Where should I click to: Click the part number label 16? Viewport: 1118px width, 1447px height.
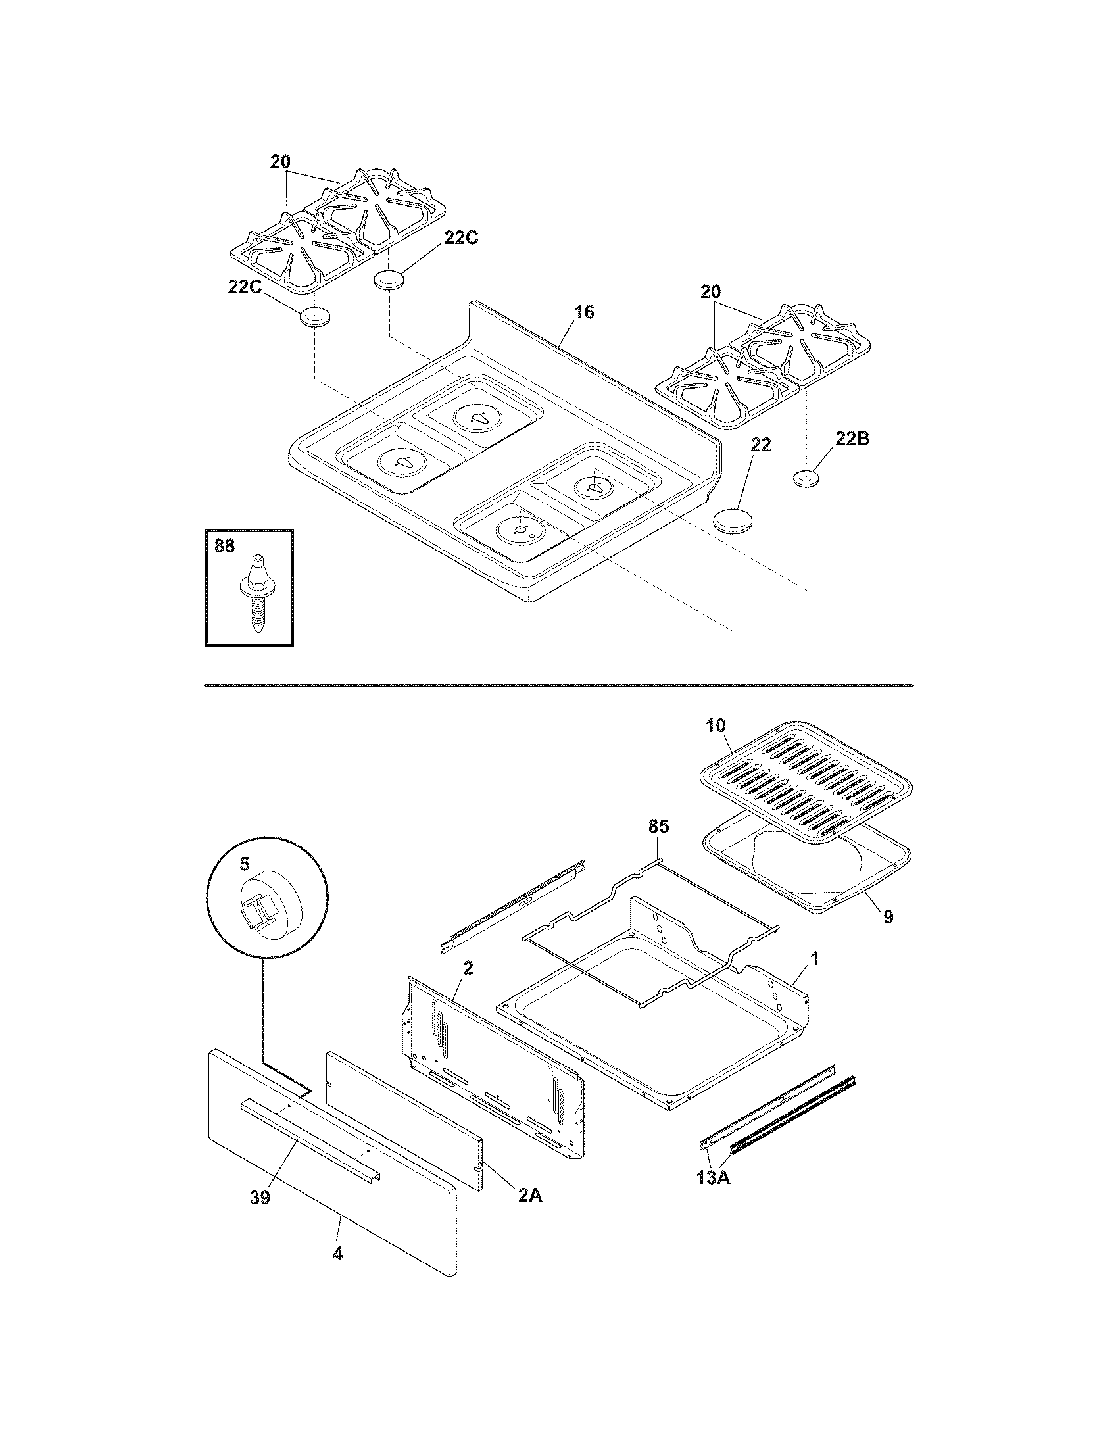[x=583, y=311]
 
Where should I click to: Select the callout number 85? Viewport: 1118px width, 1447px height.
[x=658, y=826]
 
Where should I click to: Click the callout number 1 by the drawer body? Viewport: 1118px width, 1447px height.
[x=815, y=959]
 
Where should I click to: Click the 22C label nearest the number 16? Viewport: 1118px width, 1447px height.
[x=460, y=239]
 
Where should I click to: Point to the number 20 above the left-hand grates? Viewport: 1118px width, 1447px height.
[x=280, y=162]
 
